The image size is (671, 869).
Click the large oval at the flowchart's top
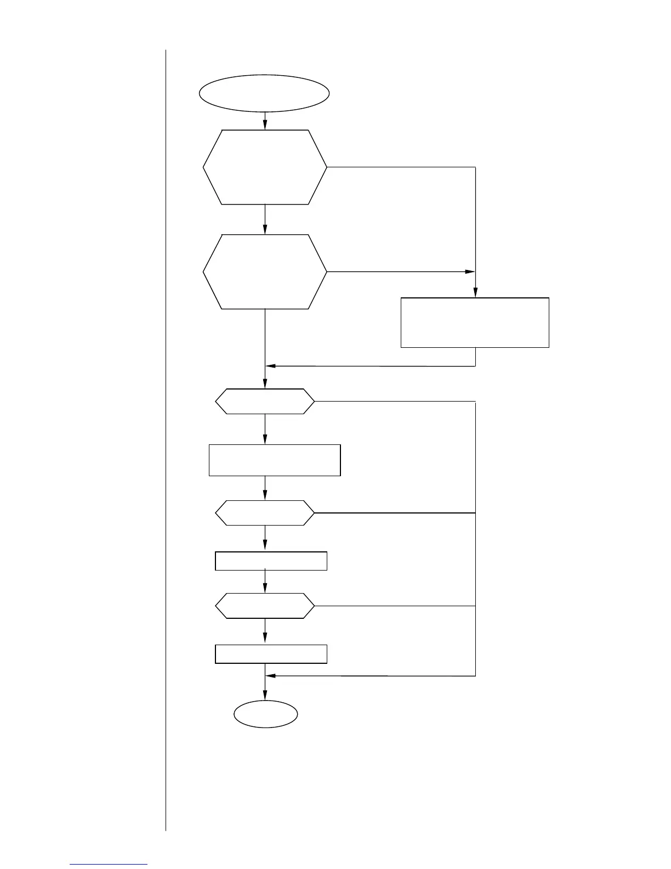click(264, 93)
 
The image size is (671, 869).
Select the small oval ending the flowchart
click(266, 714)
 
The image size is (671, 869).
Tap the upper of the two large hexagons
click(265, 167)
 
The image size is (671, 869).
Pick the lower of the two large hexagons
click(265, 272)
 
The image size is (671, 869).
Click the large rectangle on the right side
click(475, 323)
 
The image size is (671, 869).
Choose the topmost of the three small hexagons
click(265, 402)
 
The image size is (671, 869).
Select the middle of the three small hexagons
click(265, 513)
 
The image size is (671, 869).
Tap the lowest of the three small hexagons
click(265, 606)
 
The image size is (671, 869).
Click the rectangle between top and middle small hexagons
click(275, 460)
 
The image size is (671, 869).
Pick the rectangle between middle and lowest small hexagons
click(271, 561)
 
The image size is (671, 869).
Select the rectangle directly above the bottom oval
click(271, 654)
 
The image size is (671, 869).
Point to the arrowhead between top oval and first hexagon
click(265, 126)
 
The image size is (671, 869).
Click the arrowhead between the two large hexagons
click(265, 230)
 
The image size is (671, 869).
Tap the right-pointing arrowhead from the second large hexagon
click(470, 272)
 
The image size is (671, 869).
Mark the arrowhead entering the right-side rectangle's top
click(475, 293)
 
